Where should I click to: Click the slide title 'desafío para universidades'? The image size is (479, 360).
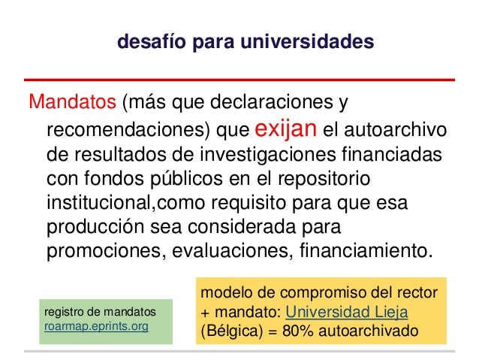pyautogui.click(x=245, y=43)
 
